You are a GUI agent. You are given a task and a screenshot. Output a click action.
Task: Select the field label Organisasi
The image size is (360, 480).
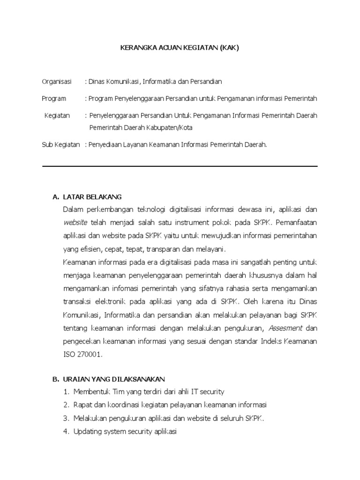pyautogui.click(x=57, y=82)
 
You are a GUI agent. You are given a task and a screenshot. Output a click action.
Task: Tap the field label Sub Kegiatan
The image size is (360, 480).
pyautogui.click(x=61, y=145)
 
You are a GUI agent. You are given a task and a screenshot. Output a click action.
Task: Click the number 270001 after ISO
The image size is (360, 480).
pyautogui.click(x=90, y=355)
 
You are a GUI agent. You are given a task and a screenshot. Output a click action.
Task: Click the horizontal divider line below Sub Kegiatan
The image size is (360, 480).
pyautogui.click(x=180, y=166)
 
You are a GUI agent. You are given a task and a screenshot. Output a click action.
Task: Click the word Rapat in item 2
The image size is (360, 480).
pyautogui.click(x=82, y=405)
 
